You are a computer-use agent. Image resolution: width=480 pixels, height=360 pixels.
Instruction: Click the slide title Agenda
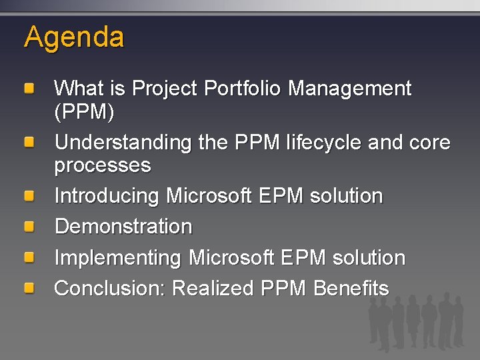point(74,37)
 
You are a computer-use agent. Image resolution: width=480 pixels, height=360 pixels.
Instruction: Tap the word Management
point(350,89)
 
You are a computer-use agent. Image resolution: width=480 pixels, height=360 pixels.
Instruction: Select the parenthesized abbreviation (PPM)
point(84,113)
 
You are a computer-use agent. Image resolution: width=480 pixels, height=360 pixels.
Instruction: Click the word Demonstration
point(123,227)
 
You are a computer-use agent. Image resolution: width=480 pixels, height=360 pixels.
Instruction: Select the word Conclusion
point(110,289)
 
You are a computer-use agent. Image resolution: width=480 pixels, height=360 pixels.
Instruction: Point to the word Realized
point(213,289)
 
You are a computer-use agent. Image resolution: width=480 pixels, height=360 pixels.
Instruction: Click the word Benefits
point(351,289)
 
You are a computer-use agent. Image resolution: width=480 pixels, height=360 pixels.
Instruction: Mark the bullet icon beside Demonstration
point(30,227)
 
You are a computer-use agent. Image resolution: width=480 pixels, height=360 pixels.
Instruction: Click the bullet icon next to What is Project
point(30,89)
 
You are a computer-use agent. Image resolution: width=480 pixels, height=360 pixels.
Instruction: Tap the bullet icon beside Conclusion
point(30,289)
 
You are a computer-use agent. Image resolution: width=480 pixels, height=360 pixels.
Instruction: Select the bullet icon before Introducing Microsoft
point(30,197)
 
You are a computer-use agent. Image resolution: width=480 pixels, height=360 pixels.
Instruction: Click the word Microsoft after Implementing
point(231,258)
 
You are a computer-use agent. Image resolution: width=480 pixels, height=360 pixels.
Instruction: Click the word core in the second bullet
point(429,143)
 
